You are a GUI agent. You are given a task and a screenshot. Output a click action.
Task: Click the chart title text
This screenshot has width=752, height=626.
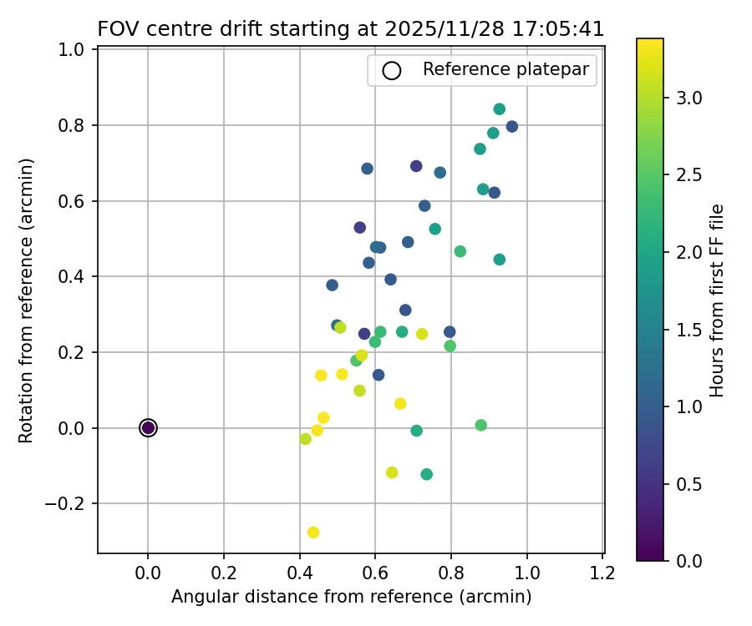point(351,28)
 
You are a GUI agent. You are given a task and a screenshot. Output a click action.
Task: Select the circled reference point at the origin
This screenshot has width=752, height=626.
point(148,428)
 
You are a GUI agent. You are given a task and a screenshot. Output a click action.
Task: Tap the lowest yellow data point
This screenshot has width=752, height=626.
point(313,533)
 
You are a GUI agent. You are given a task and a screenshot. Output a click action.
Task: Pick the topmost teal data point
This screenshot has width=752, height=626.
point(500,109)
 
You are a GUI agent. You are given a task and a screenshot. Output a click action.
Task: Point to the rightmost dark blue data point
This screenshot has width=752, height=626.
point(512,127)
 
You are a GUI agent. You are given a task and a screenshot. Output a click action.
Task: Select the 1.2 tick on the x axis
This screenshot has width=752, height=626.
point(602,573)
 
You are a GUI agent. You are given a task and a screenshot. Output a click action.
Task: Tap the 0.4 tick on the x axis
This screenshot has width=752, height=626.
point(299,573)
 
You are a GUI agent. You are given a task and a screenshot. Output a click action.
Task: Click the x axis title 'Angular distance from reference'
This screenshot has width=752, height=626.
point(351,597)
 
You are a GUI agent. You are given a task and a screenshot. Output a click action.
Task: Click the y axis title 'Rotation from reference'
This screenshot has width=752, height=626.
point(27,300)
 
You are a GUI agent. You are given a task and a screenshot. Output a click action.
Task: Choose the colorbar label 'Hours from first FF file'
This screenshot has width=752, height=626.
point(716,300)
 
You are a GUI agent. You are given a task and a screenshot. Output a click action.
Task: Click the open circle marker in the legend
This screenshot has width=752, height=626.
point(391,70)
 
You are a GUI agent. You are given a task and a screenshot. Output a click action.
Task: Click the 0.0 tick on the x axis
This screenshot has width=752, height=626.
point(148,573)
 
